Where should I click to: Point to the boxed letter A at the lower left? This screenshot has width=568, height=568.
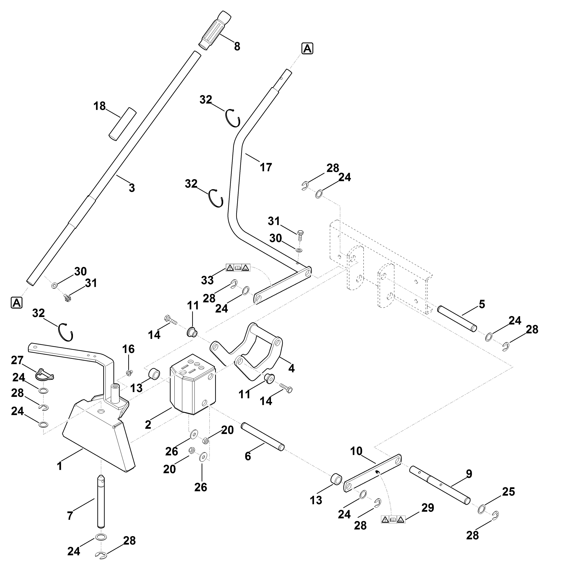[x=17, y=302]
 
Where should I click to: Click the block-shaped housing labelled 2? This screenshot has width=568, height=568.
[x=193, y=384]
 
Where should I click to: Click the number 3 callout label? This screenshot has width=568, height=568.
[x=132, y=188]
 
